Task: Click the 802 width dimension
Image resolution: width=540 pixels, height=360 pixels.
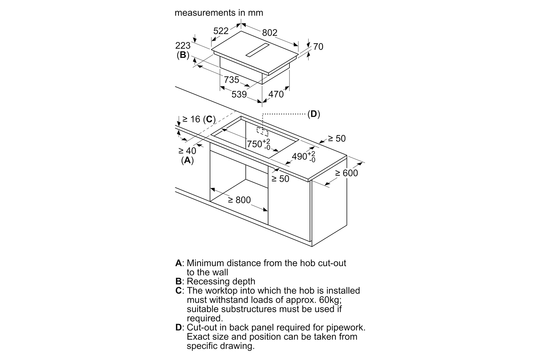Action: (x=270, y=32)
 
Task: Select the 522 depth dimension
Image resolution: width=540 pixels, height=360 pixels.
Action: (x=221, y=31)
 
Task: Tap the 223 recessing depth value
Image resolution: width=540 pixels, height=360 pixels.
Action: (x=183, y=46)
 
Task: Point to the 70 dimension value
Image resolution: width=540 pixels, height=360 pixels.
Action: (x=318, y=46)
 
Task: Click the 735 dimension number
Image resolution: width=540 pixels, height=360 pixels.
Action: (x=231, y=80)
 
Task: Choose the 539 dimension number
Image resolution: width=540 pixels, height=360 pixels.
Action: (x=239, y=94)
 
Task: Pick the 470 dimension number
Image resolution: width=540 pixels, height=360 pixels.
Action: (x=276, y=94)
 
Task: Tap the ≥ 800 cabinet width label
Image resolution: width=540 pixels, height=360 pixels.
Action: (x=239, y=200)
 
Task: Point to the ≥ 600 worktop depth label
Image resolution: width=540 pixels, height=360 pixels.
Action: (x=347, y=173)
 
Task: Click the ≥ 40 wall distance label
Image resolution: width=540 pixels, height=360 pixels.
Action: (x=187, y=151)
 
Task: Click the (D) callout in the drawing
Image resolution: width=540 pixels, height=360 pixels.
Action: (x=314, y=114)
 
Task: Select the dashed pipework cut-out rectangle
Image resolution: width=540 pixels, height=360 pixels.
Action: (x=262, y=132)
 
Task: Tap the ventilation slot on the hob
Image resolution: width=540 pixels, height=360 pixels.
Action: (x=258, y=50)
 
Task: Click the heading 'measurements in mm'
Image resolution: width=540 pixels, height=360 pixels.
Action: (x=219, y=13)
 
